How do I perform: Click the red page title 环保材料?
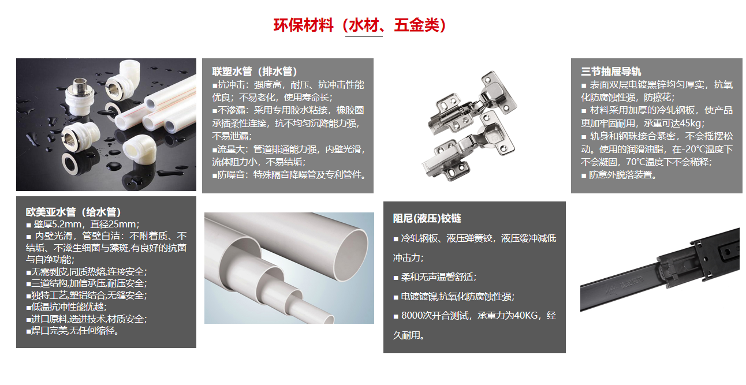click(x=303, y=25)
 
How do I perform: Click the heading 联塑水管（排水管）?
click(x=255, y=71)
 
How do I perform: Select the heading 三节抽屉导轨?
click(x=611, y=71)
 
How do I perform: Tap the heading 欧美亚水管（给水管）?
click(x=73, y=212)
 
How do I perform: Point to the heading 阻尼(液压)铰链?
click(x=427, y=219)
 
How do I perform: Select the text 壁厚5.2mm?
click(x=57, y=224)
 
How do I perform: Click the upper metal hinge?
click(x=473, y=103)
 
